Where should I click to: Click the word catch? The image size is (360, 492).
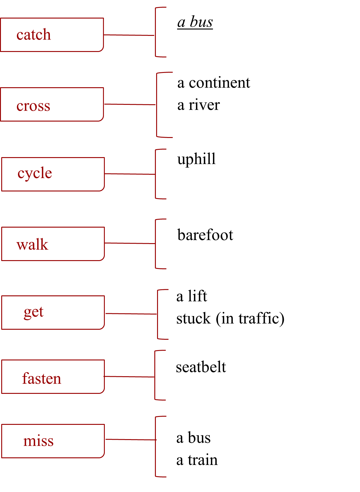click(33, 35)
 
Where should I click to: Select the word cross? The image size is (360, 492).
click(33, 106)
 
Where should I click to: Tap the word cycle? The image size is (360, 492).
click(35, 174)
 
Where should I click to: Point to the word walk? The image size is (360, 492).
click(33, 244)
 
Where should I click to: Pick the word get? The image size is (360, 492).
click(34, 312)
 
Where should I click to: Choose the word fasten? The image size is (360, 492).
click(42, 379)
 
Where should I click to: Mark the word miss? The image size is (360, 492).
click(38, 441)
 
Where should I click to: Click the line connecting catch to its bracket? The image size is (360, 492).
click(129, 35)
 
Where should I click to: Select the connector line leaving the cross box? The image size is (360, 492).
click(130, 105)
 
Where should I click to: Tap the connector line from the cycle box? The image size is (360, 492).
click(130, 174)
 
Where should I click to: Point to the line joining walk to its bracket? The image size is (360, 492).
click(130, 243)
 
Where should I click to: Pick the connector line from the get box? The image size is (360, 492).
click(131, 314)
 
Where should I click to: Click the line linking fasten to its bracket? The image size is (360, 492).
click(129, 377)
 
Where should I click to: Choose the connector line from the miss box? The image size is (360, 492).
click(130, 440)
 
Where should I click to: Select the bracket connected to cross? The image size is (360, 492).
click(157, 122)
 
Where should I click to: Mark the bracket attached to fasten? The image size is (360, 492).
click(155, 389)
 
